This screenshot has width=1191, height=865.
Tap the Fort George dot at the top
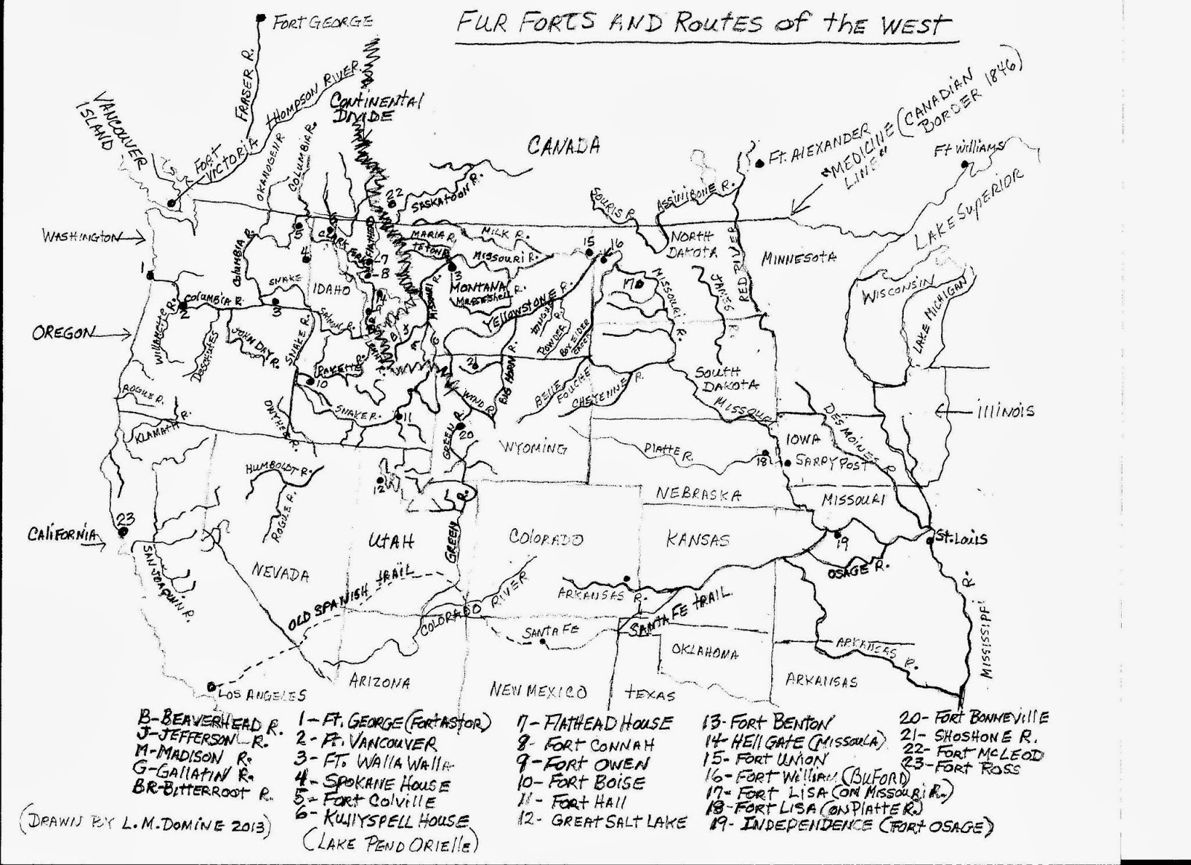(260, 17)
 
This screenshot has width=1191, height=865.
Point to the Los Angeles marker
(212, 686)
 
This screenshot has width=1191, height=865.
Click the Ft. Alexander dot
(758, 163)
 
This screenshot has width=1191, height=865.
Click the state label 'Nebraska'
(699, 495)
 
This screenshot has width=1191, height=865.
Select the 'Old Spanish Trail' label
(350, 595)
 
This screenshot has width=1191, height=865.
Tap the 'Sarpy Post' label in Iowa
(822, 461)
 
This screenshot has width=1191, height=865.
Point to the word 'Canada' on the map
(563, 146)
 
